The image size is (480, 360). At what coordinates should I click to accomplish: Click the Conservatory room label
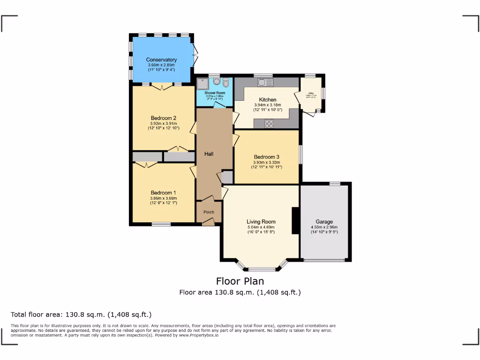161,60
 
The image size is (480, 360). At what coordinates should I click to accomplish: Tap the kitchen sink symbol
265,82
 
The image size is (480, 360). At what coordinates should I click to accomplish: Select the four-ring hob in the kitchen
270,124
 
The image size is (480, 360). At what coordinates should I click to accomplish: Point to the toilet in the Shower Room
226,83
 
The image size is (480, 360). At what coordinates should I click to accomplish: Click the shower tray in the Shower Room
203,83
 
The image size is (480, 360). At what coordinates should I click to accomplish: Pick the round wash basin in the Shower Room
216,82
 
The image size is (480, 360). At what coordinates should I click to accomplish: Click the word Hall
209,153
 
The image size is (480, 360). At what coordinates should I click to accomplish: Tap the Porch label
209,212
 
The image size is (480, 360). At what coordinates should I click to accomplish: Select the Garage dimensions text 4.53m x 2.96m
324,227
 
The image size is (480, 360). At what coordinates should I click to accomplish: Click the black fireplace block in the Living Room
295,221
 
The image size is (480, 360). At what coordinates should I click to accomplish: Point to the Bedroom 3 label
266,157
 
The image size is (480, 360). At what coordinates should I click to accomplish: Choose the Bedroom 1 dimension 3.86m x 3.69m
163,198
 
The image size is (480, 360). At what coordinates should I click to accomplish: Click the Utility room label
311,94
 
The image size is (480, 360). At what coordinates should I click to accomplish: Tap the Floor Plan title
240,281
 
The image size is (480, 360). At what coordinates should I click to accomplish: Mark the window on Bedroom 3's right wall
300,154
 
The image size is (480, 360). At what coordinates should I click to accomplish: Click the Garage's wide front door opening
325,260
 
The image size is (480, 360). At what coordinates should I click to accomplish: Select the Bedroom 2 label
163,118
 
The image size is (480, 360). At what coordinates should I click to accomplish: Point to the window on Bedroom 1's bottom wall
161,224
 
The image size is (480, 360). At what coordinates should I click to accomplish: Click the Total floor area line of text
81,315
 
